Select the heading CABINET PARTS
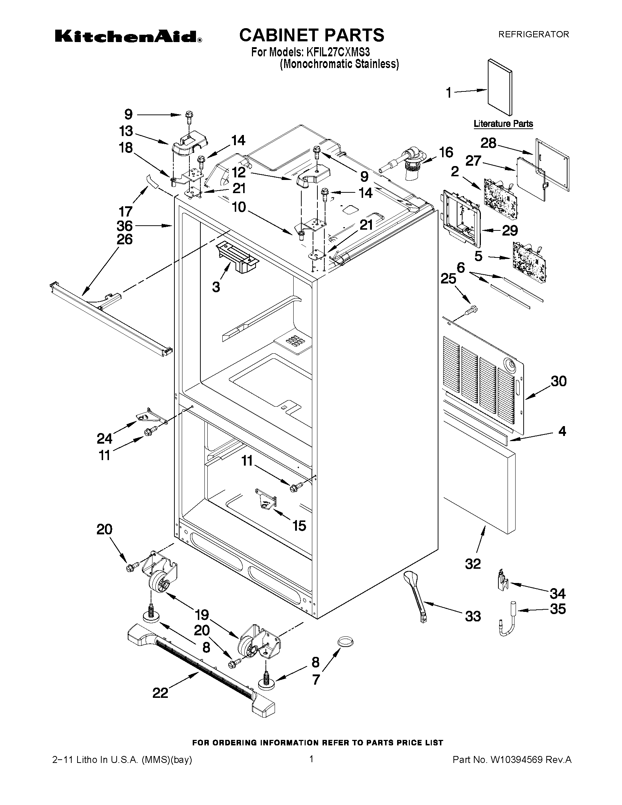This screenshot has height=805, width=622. tap(312, 35)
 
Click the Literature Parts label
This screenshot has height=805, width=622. tap(503, 124)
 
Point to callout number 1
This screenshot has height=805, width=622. tap(449, 93)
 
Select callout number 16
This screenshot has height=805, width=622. tap(446, 152)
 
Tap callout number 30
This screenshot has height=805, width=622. tap(558, 381)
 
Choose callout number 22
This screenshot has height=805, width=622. tap(160, 692)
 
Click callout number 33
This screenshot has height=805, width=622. tap(473, 616)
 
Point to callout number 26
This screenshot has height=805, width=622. tap(125, 240)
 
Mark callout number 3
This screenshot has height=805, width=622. tap(216, 287)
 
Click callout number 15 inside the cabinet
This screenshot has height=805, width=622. tap(299, 526)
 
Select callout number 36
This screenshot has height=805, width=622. tap(125, 226)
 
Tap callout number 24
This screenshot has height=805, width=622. tap(105, 438)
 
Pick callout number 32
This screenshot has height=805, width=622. tap(473, 563)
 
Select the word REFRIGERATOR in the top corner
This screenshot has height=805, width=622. tap(534, 35)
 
